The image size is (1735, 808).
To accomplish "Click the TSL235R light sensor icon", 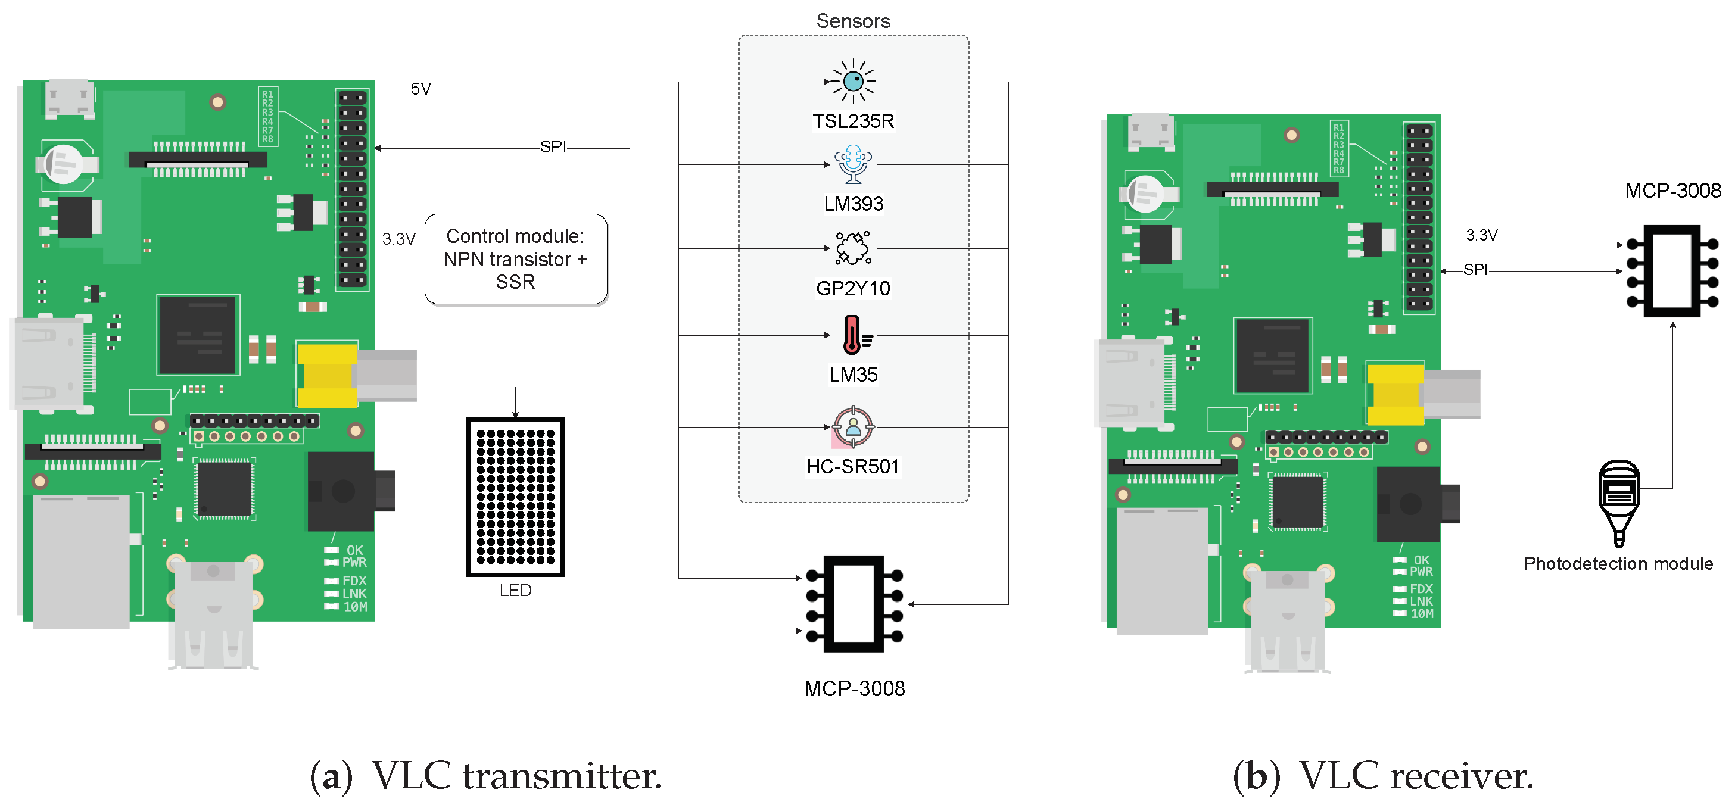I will [853, 82].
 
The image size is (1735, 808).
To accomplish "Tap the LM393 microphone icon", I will [853, 164].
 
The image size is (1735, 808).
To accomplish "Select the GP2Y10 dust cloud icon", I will [853, 248].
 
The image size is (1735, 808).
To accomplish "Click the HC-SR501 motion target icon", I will [853, 427].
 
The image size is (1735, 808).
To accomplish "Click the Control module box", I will [516, 259].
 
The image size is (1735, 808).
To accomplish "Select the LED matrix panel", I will [515, 497].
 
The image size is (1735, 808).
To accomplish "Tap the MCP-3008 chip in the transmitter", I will [854, 604].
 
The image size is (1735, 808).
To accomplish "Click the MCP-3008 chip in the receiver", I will [1672, 271].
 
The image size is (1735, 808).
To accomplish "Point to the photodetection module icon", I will [1619, 501].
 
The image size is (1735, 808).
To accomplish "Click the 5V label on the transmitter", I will [421, 89].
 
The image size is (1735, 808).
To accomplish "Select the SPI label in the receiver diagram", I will [1475, 269].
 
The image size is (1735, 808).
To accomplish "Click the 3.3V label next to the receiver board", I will [1482, 235].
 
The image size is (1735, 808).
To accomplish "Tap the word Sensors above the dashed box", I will [853, 21].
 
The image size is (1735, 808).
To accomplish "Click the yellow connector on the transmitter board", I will [328, 376].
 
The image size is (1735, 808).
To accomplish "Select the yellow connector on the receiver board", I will [1396, 394].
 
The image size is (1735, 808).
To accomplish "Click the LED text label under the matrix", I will [515, 591].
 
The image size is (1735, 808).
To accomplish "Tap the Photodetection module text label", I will [1618, 564].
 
